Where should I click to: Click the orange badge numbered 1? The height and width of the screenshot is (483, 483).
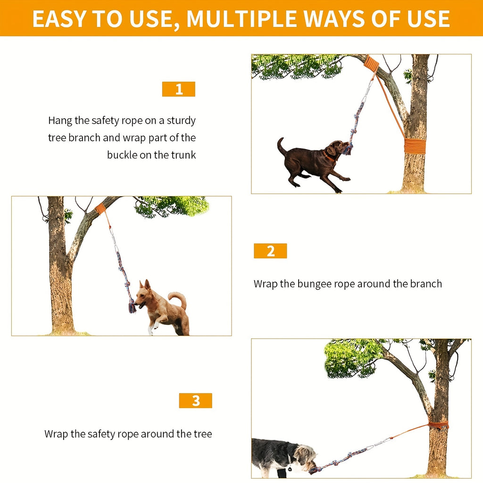coord(179,89)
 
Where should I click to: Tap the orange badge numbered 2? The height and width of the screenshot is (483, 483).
coord(270,251)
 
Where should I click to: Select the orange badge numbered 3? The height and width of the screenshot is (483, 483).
coord(195,400)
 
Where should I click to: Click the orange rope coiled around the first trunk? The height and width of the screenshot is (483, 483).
coord(415,146)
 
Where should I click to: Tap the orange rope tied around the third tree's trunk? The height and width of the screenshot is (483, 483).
coord(438,425)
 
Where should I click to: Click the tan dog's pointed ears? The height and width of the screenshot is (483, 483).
coord(144,285)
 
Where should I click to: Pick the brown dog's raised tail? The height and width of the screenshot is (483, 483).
coord(281,146)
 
